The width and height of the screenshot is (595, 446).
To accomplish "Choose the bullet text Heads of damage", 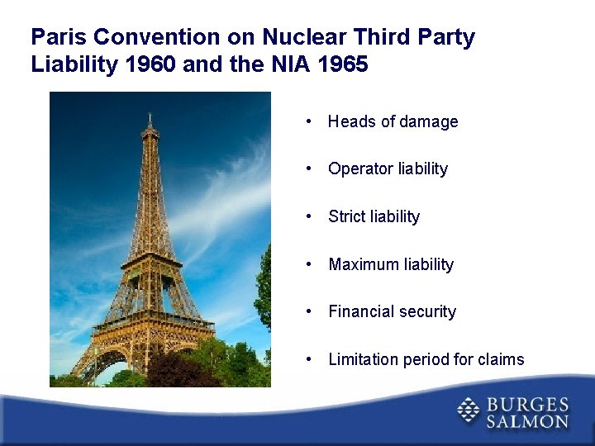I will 393,121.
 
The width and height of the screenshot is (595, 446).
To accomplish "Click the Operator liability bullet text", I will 388,168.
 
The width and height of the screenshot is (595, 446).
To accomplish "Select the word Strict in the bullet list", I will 347,216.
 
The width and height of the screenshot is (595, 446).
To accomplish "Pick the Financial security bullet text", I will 392,311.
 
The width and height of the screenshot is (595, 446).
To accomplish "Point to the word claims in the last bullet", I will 501,359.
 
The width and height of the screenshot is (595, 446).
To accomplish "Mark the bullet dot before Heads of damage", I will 307,121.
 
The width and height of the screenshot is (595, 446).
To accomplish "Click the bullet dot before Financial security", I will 307,311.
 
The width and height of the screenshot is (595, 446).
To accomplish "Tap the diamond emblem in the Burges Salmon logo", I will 469,410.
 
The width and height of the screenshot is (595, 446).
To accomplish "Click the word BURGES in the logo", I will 526,404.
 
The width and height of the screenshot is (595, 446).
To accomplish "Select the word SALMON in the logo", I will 526,421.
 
